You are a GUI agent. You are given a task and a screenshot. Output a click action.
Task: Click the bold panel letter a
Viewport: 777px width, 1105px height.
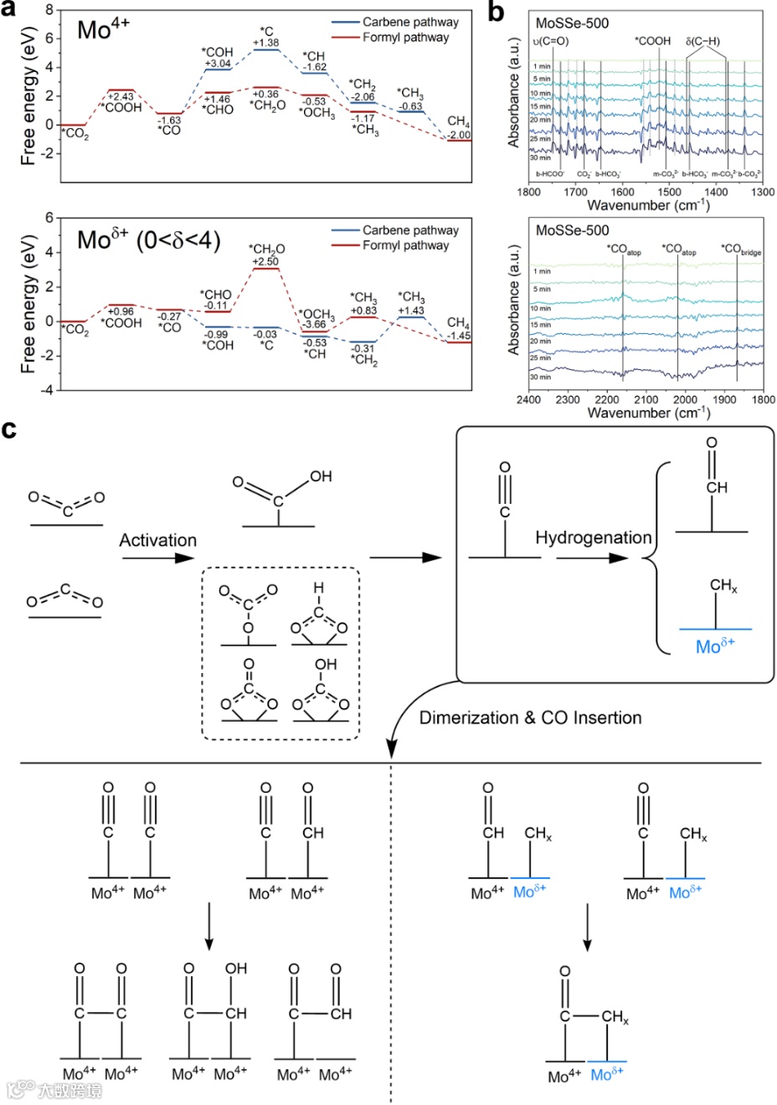11,12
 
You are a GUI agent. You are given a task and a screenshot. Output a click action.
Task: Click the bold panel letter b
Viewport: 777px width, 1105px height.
496,12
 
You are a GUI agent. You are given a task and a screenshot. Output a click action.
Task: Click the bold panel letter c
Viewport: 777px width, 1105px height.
10,430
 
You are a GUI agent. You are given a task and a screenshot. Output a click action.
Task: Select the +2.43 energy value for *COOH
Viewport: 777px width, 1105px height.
121,96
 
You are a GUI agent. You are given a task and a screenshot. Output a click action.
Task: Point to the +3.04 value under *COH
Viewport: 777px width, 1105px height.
218,64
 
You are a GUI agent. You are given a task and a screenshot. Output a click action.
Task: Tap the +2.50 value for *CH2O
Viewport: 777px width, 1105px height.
266,261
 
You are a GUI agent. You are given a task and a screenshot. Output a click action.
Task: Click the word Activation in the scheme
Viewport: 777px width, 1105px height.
157,541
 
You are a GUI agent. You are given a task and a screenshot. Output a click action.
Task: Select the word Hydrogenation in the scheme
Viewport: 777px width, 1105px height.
593,537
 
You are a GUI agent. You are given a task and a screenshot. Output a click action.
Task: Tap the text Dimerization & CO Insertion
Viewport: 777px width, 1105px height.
530,717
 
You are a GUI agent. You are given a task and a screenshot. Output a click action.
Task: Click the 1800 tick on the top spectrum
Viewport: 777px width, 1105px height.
529,192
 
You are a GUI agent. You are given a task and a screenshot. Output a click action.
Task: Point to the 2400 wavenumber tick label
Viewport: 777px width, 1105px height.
529,399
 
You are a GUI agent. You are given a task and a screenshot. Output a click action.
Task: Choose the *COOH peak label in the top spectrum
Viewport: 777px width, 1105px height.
652,41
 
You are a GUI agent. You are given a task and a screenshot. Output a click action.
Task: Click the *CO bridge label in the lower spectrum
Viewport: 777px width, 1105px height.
741,249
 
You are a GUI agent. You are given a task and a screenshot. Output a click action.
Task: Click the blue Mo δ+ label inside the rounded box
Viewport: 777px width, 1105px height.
715,646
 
